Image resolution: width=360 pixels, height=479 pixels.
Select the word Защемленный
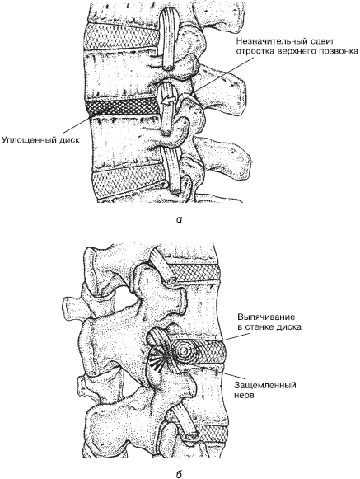(265, 385)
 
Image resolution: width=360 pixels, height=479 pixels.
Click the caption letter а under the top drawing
(180, 219)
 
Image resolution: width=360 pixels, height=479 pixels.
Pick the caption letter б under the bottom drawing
(180, 474)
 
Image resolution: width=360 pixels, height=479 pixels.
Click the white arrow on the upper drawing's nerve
(168, 101)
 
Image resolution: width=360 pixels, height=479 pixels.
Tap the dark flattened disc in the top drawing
(122, 108)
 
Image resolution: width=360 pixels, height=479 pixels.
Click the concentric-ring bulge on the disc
(184, 351)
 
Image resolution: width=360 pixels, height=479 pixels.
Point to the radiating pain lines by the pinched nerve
(157, 358)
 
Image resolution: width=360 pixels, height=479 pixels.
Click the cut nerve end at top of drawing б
(171, 279)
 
